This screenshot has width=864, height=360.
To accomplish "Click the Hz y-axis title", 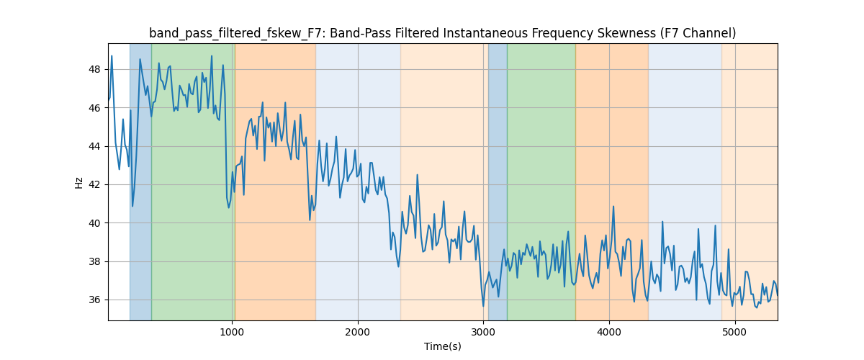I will click(x=79, y=182).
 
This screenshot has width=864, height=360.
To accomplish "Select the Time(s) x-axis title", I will click(x=443, y=346).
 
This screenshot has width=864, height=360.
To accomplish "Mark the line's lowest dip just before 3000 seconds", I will click(x=483, y=306).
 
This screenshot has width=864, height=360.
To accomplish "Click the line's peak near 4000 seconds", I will click(x=613, y=207).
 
